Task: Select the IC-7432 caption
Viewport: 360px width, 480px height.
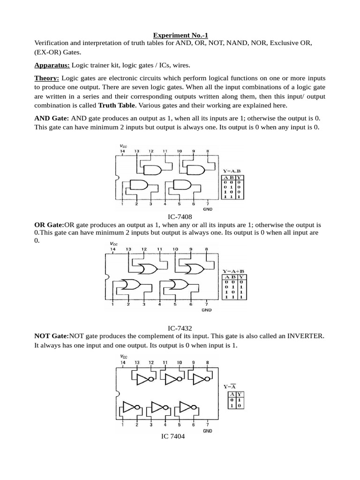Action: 180,329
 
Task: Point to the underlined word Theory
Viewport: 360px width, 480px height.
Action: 46,78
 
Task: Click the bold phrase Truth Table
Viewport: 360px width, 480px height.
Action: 117,105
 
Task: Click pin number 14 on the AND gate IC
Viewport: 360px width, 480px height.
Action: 122,151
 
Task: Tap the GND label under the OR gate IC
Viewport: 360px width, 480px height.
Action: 207,309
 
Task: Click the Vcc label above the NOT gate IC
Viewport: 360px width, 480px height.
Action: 124,356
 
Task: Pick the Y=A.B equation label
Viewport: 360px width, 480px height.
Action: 232,171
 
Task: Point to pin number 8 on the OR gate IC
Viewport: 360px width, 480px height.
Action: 207,249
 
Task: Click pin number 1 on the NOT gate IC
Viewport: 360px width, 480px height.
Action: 122,425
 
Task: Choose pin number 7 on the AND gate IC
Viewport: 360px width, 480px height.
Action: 208,204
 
